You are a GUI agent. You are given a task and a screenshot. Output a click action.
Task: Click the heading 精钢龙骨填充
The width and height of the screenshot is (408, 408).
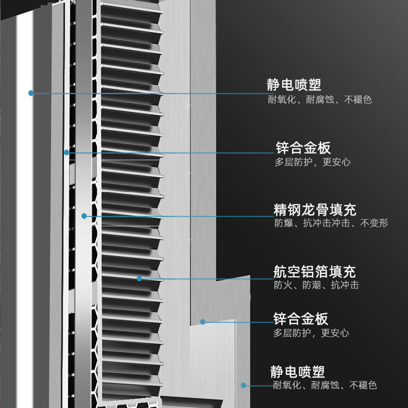(x=315, y=210)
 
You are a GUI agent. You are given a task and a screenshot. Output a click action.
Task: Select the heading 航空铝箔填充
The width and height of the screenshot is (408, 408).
(x=315, y=271)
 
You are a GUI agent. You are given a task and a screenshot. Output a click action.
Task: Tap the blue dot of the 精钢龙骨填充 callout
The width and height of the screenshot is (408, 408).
(x=85, y=216)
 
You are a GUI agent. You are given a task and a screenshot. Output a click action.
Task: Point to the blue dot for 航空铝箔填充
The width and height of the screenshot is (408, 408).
(x=139, y=278)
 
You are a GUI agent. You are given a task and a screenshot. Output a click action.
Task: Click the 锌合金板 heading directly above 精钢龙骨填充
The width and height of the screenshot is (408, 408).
(x=303, y=148)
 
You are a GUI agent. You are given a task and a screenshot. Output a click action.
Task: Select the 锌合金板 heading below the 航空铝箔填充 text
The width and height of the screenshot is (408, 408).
(x=301, y=320)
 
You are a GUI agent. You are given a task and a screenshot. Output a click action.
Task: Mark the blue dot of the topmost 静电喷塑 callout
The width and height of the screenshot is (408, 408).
(x=31, y=93)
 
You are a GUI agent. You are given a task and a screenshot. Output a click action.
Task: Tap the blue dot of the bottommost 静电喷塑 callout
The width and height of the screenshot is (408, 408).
(x=244, y=386)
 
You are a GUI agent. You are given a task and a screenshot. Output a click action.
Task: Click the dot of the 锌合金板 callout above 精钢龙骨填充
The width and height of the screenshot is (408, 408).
(x=66, y=152)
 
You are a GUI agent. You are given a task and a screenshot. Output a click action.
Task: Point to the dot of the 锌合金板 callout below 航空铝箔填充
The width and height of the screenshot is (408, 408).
(x=202, y=322)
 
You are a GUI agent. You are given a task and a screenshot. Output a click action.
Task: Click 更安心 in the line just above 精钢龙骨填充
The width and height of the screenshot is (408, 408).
(x=337, y=162)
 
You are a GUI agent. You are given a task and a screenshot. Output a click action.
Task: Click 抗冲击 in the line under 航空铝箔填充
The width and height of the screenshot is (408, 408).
(x=345, y=285)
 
